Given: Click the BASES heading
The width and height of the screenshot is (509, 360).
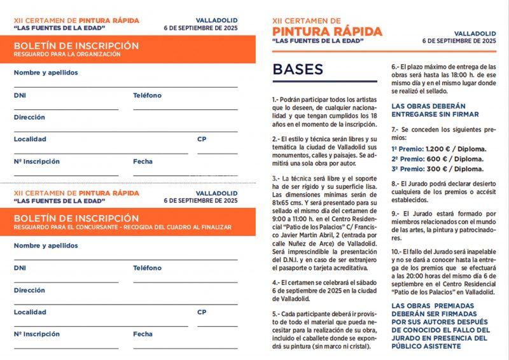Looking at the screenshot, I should pyautogui.click(x=297, y=69).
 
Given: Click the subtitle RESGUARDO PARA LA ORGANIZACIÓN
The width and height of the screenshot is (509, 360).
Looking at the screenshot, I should pyautogui.click(x=67, y=55).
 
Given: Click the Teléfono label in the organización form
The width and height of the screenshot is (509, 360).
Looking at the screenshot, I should pyautogui.click(x=147, y=95).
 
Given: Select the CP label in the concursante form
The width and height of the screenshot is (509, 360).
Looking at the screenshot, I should pyautogui.click(x=202, y=312).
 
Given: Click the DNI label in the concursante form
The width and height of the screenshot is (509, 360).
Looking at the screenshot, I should pyautogui.click(x=20, y=268).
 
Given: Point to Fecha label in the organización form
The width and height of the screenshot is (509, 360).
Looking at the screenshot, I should pyautogui.click(x=143, y=161).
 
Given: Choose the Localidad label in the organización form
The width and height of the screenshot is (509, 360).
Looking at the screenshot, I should pyautogui.click(x=30, y=139).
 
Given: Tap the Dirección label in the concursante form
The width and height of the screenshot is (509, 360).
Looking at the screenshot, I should pyautogui.click(x=29, y=290).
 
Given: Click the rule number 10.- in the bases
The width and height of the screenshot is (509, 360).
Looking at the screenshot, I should pyautogui.click(x=398, y=251).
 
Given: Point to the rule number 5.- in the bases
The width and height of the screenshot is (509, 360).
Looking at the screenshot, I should pyautogui.click(x=276, y=314).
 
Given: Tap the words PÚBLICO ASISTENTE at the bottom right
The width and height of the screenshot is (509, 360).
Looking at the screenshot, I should pyautogui.click(x=428, y=347).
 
